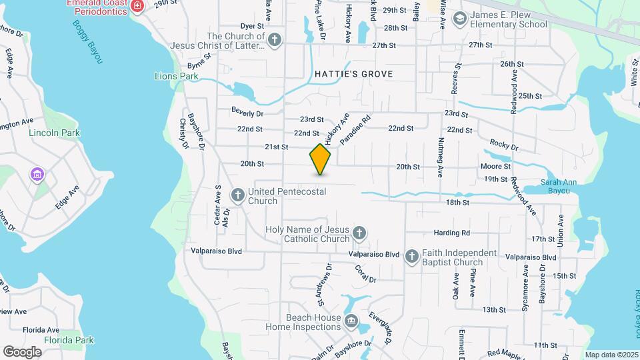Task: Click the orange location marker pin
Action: (x=321, y=159)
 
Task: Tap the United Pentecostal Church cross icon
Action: (x=237, y=195)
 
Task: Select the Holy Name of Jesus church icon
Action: (x=359, y=233)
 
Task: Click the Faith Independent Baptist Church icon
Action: (x=412, y=256)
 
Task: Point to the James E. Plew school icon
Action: (x=459, y=19)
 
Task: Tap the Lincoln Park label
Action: (x=55, y=133)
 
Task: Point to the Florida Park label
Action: (x=69, y=340)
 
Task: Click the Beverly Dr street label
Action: (x=247, y=113)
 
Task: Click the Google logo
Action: (x=23, y=351)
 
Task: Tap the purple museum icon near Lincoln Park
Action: (x=37, y=175)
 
